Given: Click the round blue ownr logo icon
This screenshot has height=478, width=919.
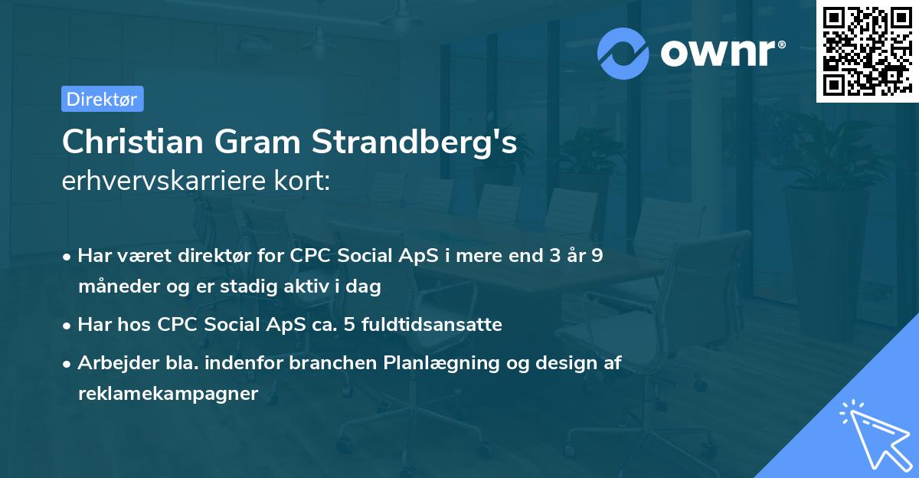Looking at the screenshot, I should (623, 53).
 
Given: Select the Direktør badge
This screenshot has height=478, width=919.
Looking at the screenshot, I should (102, 99).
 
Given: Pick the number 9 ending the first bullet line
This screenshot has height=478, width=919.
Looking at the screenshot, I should (597, 256).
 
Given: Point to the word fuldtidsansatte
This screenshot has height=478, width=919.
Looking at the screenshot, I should (447, 325).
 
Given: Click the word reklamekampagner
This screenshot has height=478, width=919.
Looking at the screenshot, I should (168, 394).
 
